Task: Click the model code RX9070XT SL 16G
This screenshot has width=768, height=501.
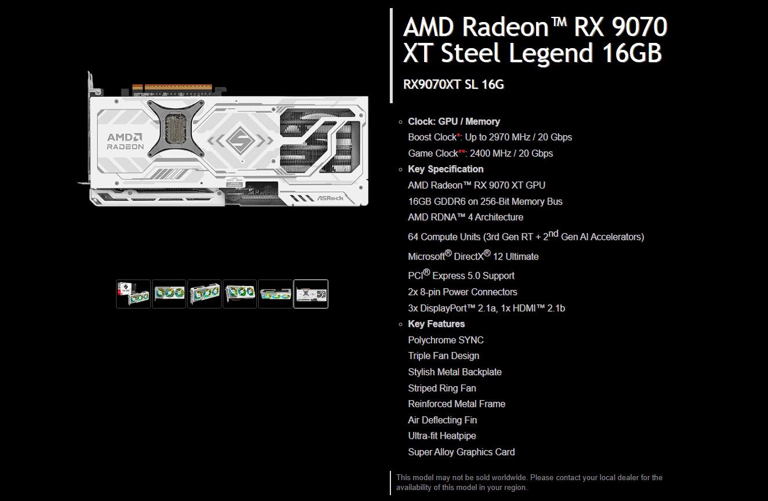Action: (453, 84)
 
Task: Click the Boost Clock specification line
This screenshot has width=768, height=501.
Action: (490, 137)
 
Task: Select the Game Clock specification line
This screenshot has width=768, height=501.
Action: (480, 153)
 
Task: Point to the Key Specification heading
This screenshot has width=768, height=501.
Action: (445, 169)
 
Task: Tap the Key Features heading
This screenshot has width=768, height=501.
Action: (436, 324)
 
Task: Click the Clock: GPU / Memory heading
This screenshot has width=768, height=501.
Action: (454, 121)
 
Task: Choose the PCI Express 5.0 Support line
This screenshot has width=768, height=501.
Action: (461, 275)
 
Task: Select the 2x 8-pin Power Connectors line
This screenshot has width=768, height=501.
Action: (462, 292)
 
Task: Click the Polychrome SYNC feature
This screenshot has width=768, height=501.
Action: (445, 340)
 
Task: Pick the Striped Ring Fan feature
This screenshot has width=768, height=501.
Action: (442, 388)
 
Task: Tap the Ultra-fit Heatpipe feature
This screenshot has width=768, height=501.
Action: (442, 436)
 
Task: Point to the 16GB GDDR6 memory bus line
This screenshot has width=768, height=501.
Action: (485, 201)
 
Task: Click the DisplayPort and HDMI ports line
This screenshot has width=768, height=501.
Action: (487, 308)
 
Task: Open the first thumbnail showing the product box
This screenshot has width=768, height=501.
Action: (133, 294)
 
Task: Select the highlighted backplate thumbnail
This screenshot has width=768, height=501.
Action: (311, 294)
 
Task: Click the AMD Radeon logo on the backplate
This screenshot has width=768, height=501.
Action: (125, 141)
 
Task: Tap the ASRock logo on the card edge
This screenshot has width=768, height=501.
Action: (331, 198)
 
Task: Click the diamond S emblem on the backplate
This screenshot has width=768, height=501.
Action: (240, 140)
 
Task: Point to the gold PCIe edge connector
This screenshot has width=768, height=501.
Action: (172, 88)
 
